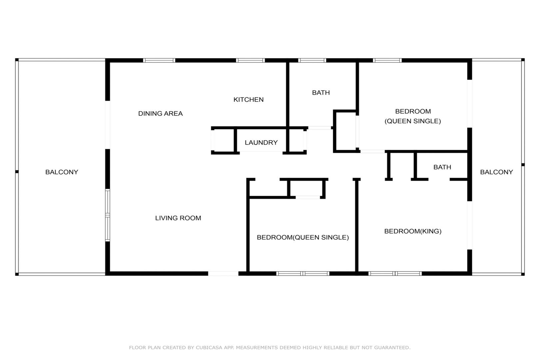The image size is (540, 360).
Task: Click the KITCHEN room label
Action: click(248, 100)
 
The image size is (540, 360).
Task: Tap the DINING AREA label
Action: click(160, 113)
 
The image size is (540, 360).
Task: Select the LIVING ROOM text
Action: click(178, 218)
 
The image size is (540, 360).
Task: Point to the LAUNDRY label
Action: click(261, 143)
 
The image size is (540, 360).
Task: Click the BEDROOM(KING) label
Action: click(413, 231)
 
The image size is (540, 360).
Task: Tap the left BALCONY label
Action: click(62, 172)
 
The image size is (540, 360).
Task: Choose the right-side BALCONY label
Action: click(496, 172)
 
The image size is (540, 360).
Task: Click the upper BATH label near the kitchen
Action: click(321, 93)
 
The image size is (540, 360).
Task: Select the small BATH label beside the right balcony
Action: click(442, 167)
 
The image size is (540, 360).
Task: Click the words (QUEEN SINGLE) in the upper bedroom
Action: click(413, 121)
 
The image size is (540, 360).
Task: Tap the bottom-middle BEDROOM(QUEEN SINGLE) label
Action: click(303, 237)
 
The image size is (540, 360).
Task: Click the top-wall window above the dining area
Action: click(159, 60)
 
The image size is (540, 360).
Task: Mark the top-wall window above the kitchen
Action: click(250, 60)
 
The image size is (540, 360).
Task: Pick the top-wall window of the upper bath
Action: click(312, 60)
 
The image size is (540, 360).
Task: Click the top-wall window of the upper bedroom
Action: click(387, 60)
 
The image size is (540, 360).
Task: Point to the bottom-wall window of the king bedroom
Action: click(395, 273)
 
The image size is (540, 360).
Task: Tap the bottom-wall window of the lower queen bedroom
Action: click(303, 273)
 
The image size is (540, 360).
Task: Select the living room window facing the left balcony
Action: click(108, 215)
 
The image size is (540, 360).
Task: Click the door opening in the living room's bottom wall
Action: click(223, 273)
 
